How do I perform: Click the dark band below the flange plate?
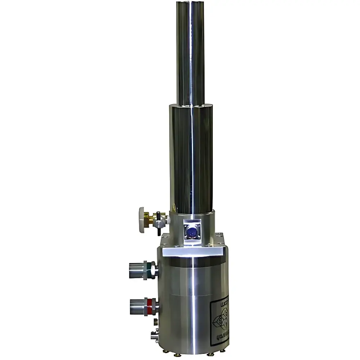point(194,262)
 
